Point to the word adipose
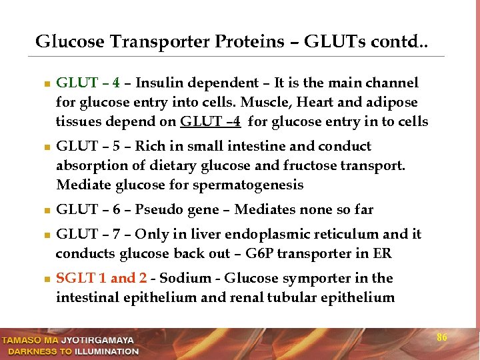point(394,103)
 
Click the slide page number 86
point(441,337)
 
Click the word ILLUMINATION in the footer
point(107,351)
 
